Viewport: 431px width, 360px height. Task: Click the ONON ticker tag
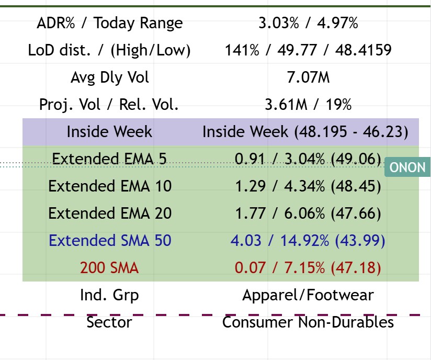pyautogui.click(x=407, y=168)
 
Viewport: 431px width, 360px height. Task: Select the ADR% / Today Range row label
pyautogui.click(x=110, y=24)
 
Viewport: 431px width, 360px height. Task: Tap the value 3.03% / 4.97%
pyautogui.click(x=308, y=24)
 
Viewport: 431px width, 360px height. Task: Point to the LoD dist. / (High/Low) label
pyautogui.click(x=110, y=51)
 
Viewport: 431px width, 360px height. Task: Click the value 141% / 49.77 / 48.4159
pyautogui.click(x=308, y=51)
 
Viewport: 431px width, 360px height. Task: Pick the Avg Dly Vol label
pyautogui.click(x=110, y=77)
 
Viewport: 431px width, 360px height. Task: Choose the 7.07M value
pyautogui.click(x=308, y=77)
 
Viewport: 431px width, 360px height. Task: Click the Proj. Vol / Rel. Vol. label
pyautogui.click(x=110, y=105)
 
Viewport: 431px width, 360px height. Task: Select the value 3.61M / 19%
pyautogui.click(x=308, y=105)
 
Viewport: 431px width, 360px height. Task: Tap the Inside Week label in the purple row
pyautogui.click(x=110, y=132)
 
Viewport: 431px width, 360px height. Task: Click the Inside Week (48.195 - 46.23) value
pyautogui.click(x=305, y=132)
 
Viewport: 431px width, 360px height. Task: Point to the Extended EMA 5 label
pyautogui.click(x=110, y=159)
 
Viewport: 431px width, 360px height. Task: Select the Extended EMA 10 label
pyautogui.click(x=110, y=186)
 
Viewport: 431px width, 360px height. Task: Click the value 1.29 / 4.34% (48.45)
pyautogui.click(x=308, y=186)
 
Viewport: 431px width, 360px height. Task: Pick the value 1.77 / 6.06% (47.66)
pyautogui.click(x=308, y=213)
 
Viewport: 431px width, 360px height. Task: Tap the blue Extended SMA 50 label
pyautogui.click(x=110, y=241)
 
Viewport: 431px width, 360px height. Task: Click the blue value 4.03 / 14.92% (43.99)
pyautogui.click(x=308, y=241)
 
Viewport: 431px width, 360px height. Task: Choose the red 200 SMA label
pyautogui.click(x=110, y=268)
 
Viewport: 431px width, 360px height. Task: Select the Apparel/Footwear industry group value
pyautogui.click(x=308, y=295)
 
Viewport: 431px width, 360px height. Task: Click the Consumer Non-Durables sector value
pyautogui.click(x=308, y=322)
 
